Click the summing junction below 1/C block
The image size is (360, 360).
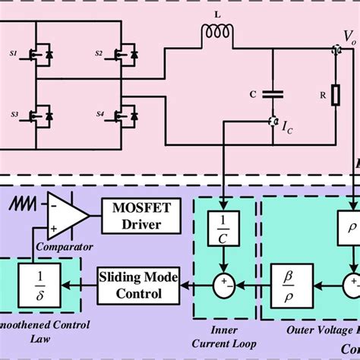pos(223,287)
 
